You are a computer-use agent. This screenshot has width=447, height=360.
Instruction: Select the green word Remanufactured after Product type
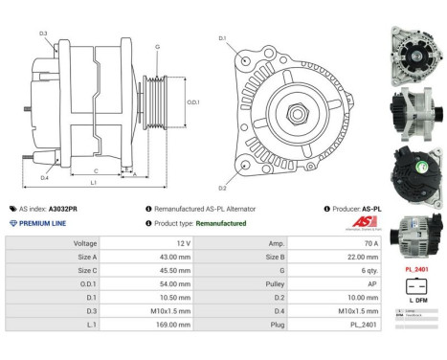(x=214, y=223)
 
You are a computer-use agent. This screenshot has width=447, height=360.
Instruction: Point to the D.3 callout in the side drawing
(x=44, y=34)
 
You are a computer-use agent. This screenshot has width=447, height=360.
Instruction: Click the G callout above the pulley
(x=156, y=47)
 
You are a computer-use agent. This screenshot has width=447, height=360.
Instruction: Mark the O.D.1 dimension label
(x=192, y=103)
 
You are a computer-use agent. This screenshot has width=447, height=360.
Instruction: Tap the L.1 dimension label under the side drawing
(x=94, y=182)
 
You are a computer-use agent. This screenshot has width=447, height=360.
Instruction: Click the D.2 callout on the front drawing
(x=222, y=188)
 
